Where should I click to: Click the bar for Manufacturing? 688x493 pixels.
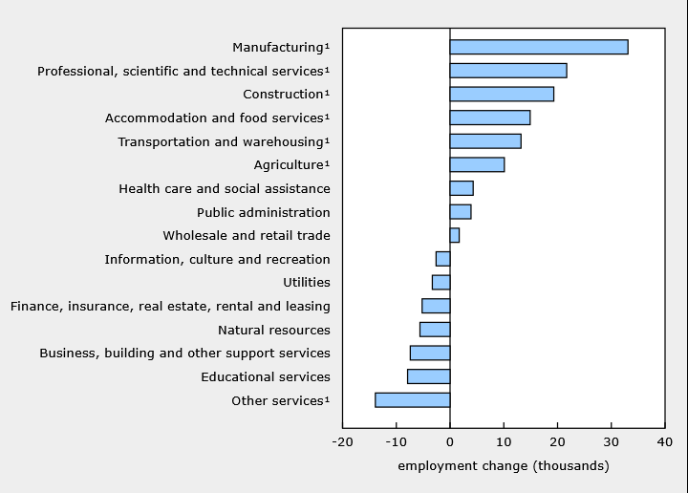(x=539, y=47)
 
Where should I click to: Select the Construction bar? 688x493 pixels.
(x=502, y=94)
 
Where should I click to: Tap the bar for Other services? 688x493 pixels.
(x=413, y=400)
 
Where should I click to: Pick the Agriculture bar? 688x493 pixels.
(x=477, y=164)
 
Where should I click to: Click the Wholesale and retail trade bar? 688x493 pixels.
(x=455, y=235)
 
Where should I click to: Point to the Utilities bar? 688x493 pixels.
(x=441, y=282)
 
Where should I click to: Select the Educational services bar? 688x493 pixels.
(x=429, y=376)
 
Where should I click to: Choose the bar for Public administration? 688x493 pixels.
(x=461, y=212)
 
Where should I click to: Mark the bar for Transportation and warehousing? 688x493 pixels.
(x=485, y=141)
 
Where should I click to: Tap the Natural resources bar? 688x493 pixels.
(x=435, y=330)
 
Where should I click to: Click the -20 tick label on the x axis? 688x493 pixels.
(x=343, y=441)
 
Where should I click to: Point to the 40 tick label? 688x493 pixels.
(x=665, y=441)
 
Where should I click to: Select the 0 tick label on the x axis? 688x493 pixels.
(x=450, y=441)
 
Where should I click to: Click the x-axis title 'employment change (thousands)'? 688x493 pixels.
(x=504, y=466)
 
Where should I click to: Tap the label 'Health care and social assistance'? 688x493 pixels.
(x=225, y=188)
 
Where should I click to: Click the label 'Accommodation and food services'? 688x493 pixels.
(x=214, y=118)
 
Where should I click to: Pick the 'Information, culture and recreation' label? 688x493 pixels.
(x=217, y=260)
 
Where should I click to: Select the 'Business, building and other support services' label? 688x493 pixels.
(x=184, y=354)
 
